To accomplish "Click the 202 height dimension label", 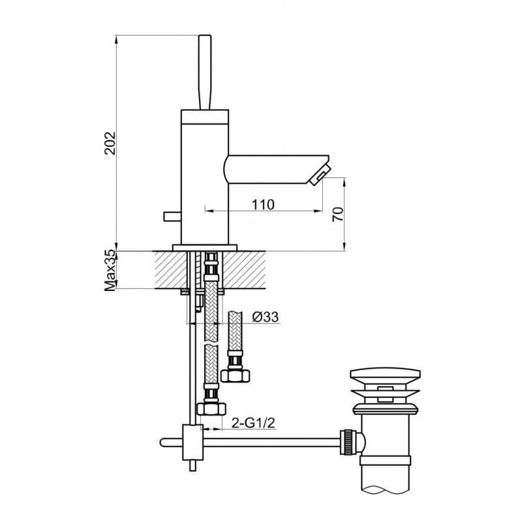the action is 110,143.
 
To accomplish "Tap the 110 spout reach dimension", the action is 263,204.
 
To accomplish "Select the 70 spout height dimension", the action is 338,215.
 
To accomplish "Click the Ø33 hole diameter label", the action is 266,317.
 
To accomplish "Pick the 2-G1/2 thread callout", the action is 254,423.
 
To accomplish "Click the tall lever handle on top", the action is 205,72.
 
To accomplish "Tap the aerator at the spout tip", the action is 320,174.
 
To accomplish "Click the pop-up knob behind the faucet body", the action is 172,217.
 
